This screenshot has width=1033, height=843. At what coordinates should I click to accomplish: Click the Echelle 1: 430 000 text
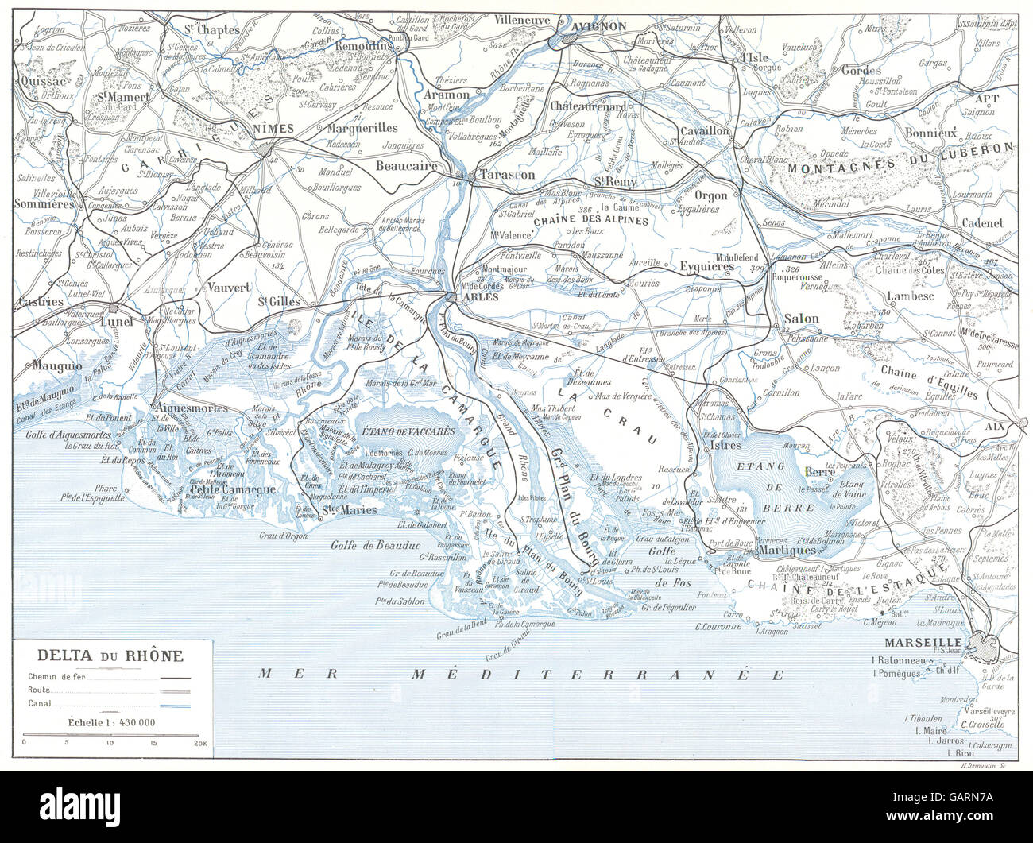(x=110, y=722)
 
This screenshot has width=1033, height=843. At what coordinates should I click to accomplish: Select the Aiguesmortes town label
(x=189, y=408)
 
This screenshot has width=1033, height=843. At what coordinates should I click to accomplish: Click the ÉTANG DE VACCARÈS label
(x=408, y=431)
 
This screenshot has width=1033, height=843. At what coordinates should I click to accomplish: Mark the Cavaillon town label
(x=704, y=130)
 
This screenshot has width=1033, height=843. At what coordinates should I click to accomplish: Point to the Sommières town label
(x=44, y=203)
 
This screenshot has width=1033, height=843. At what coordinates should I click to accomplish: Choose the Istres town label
(x=725, y=446)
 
